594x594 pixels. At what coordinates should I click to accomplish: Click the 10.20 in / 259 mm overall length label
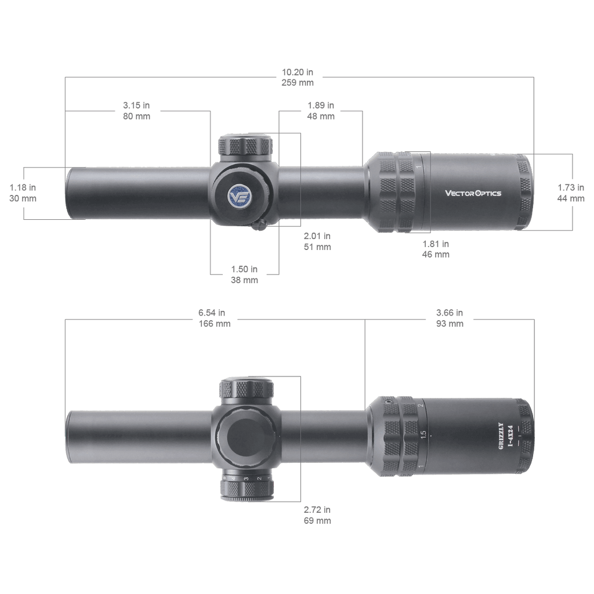[x=298, y=77]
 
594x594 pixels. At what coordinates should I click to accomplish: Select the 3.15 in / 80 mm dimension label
[x=136, y=111]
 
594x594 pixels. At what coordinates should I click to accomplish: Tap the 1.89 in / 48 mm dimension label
[x=321, y=111]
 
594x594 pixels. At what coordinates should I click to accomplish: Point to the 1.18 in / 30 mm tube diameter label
[x=23, y=193]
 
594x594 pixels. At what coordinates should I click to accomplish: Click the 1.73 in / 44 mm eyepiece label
[x=571, y=193]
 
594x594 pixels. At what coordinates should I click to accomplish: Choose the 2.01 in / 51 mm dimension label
[x=317, y=241]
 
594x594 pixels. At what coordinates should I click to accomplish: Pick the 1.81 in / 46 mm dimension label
[x=436, y=249]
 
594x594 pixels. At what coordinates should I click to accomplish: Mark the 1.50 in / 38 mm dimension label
[x=244, y=274]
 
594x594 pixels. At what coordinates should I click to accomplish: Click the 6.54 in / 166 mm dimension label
[x=215, y=318]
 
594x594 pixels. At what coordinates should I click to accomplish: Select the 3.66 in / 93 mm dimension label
[x=450, y=318]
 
